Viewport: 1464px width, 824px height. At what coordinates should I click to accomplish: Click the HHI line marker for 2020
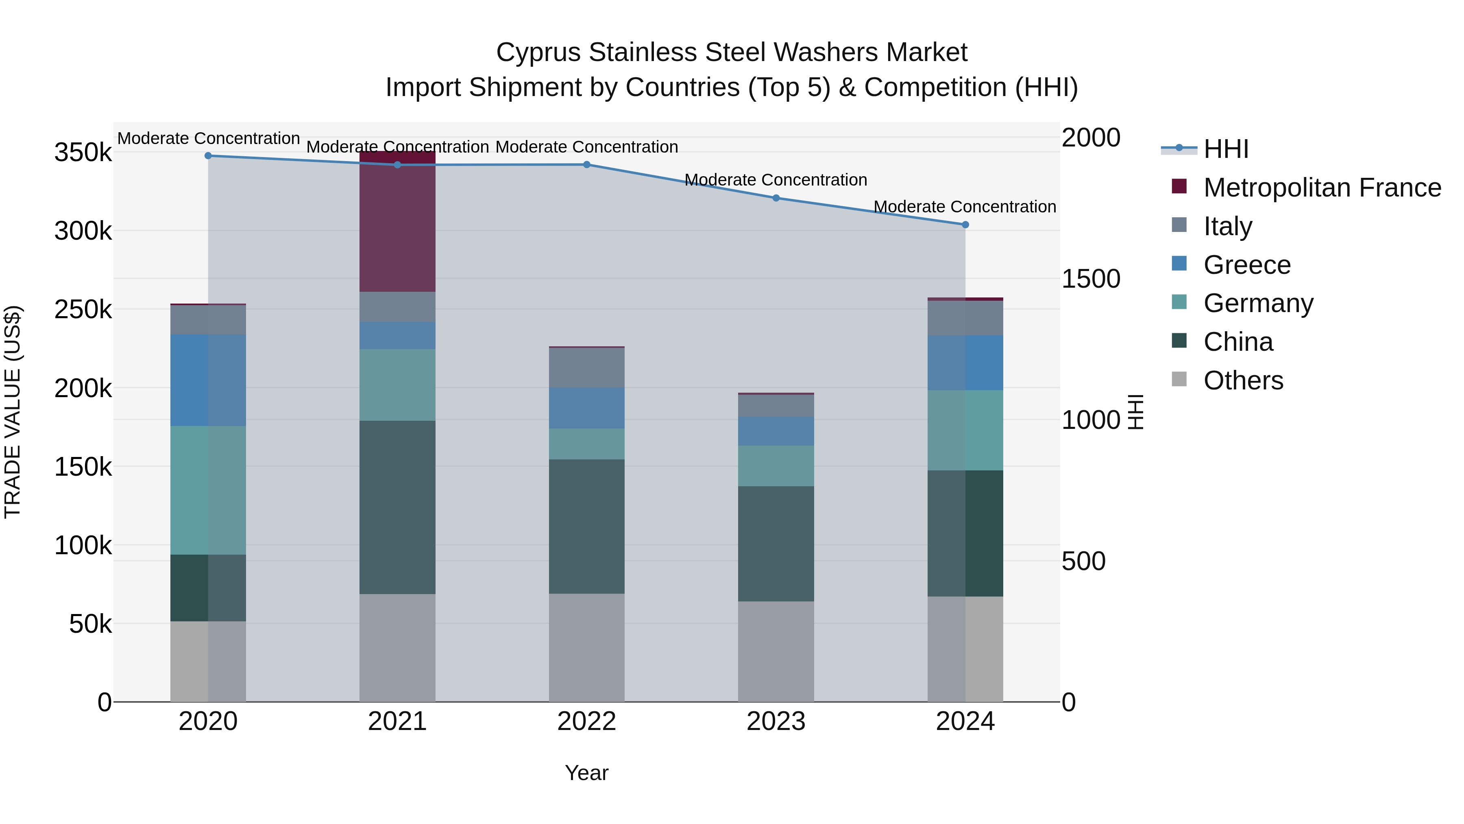[208, 156]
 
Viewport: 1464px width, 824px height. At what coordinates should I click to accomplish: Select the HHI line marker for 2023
[776, 198]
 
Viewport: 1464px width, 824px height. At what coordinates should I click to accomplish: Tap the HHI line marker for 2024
[965, 225]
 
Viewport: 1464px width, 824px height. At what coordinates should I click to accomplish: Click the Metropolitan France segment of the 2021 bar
[397, 222]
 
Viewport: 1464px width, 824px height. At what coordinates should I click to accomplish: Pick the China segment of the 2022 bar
[586, 526]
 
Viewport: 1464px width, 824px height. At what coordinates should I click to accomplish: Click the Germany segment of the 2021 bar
[397, 385]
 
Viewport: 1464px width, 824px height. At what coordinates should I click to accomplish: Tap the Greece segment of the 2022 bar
[586, 408]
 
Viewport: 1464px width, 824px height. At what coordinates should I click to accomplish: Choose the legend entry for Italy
[1228, 226]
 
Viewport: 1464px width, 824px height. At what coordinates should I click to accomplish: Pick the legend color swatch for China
[1179, 341]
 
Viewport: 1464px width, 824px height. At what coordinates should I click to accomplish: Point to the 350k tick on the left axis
[83, 153]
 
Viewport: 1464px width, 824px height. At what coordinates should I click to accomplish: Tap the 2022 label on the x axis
[586, 721]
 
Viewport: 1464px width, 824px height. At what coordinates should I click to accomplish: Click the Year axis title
[586, 773]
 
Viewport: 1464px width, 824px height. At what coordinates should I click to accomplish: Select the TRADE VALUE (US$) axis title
[13, 412]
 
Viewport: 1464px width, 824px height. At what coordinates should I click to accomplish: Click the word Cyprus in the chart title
[539, 52]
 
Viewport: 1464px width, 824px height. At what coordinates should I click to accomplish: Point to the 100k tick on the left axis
[83, 545]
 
